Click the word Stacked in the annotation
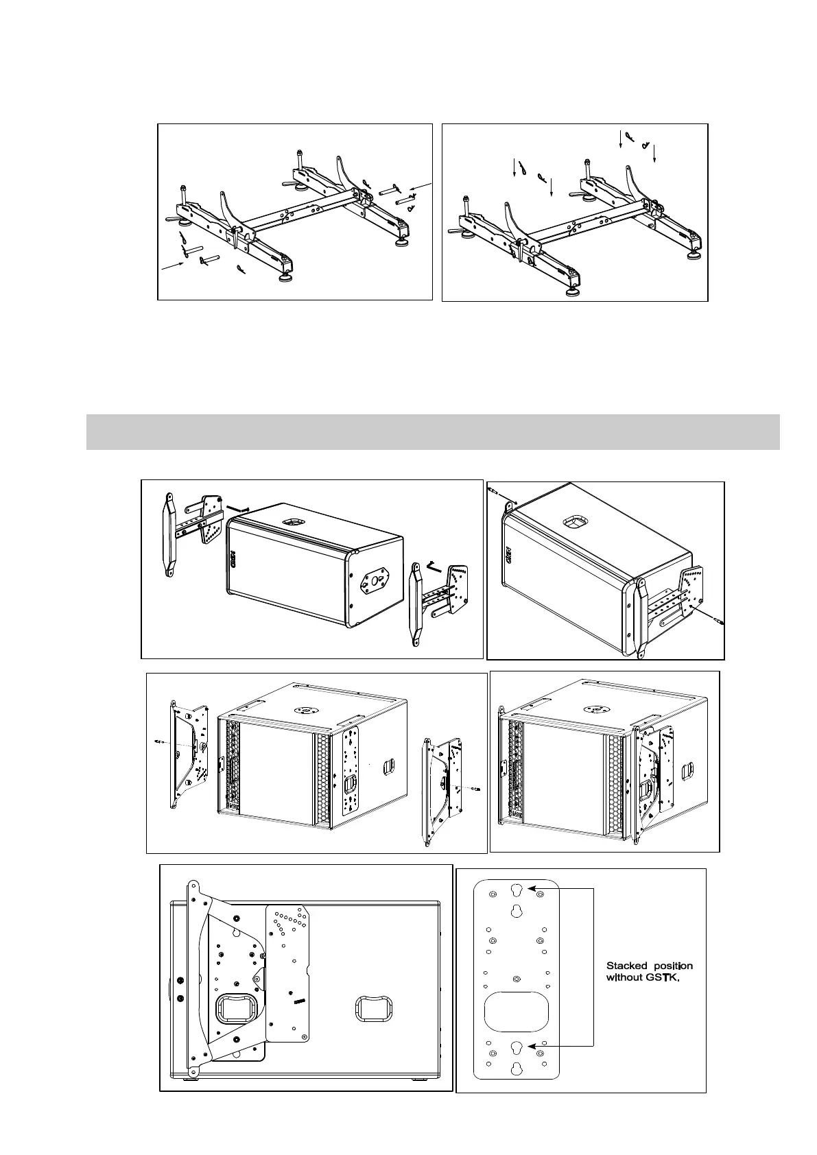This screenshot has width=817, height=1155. click(626, 966)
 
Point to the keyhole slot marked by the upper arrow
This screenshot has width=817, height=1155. click(517, 890)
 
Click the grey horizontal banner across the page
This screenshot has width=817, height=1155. click(433, 431)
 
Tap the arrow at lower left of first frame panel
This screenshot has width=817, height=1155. click(173, 267)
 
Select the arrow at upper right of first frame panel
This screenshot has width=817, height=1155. click(421, 187)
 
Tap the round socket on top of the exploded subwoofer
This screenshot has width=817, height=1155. click(303, 710)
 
